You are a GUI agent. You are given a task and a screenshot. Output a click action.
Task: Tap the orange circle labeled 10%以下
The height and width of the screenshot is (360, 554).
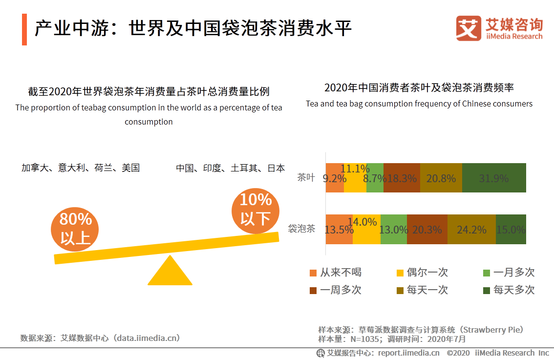coord(255,211)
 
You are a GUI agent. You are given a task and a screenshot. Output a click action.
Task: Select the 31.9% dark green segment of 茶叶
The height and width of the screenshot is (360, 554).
coord(494,178)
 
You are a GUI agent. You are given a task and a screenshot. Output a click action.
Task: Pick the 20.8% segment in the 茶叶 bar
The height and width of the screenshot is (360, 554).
coord(441,178)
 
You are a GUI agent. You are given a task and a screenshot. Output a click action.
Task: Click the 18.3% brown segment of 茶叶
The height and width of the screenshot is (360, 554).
coord(402,178)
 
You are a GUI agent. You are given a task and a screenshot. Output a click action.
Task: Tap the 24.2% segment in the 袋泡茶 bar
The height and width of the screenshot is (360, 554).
coord(471,229)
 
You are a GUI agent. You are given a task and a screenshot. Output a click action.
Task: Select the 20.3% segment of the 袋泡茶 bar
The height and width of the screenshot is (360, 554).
coord(427,229)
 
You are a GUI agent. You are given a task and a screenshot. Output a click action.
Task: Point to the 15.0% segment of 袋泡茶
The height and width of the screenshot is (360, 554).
coord(511,229)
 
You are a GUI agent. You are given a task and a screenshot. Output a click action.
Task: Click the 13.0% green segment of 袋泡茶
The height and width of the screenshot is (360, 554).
coord(393,229)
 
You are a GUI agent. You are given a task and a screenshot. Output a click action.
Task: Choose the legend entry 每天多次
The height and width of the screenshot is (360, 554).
coord(509,290)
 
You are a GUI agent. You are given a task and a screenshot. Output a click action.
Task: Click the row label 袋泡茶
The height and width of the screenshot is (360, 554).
coord(301,229)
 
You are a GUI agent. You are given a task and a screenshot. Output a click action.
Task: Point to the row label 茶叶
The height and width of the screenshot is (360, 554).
coord(306,177)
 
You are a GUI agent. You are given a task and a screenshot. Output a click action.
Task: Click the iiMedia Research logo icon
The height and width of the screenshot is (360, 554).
coord(469,28)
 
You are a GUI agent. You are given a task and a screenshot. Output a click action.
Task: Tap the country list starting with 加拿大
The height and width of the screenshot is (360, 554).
coord(81,168)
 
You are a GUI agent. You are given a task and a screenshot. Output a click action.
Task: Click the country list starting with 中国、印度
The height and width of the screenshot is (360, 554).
coord(230,168)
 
